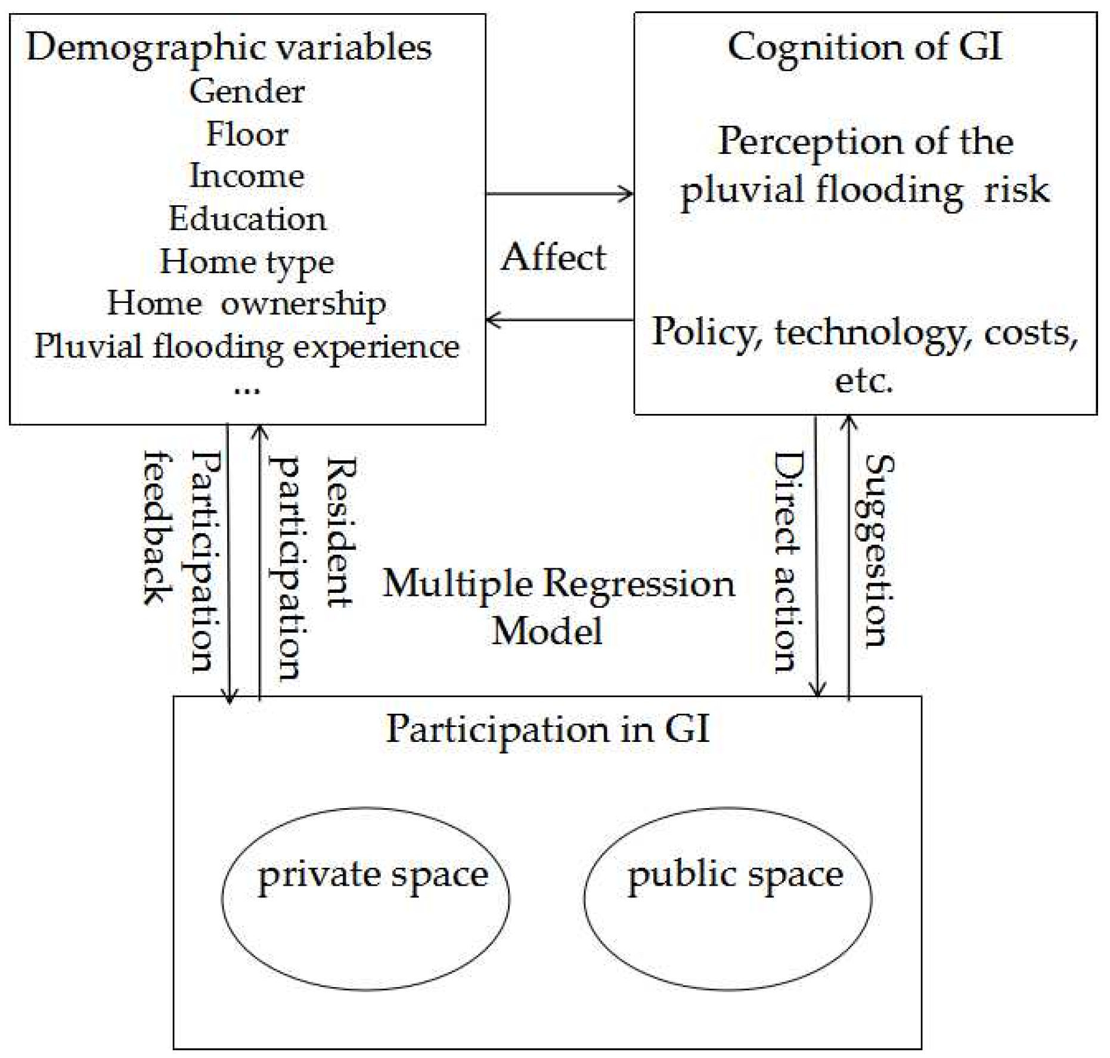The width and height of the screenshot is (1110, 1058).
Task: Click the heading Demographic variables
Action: point(229,47)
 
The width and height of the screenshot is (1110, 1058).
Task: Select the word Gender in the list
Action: point(247,91)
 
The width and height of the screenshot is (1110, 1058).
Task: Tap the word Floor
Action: point(247,134)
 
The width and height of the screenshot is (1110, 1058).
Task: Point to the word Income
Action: point(247,176)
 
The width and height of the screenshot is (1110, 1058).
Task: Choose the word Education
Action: point(247,218)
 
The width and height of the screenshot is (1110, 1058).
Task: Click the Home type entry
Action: point(247,262)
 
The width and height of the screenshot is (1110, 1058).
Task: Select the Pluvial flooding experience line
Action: point(247,346)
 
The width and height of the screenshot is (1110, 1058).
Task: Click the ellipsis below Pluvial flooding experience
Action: point(247,389)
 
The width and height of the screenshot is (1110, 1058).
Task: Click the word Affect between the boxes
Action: point(553,258)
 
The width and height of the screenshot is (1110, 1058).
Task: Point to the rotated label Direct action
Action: point(788,561)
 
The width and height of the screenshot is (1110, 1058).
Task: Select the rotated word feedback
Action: point(159,527)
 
